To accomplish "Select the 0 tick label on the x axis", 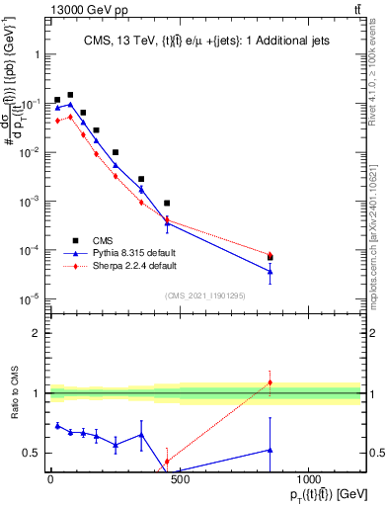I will click(x=50, y=479).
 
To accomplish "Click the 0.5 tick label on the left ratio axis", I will click(x=31, y=453).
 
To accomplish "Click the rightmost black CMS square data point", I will click(x=270, y=258).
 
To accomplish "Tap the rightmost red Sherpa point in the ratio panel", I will click(x=270, y=382).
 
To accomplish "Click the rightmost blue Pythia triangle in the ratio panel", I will click(x=270, y=450).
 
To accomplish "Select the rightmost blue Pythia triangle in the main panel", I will click(x=270, y=272).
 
